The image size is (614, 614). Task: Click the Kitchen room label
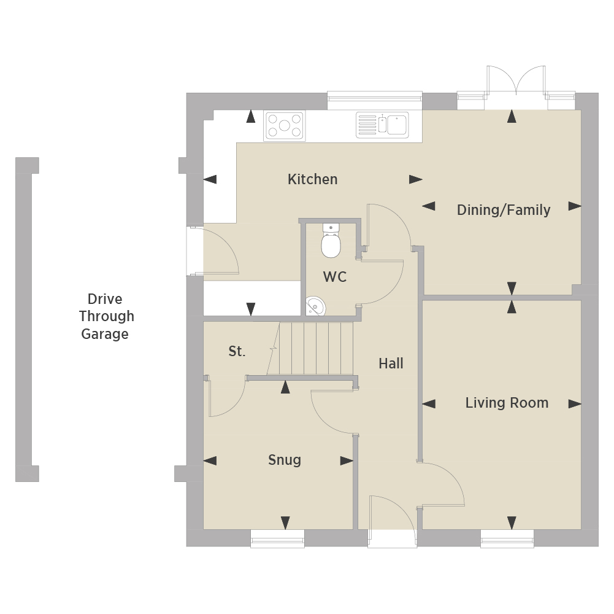point(312,179)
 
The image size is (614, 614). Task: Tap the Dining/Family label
point(504,210)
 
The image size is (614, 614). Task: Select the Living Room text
point(507,403)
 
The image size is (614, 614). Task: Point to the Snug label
point(285,460)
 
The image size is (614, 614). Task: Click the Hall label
point(391,363)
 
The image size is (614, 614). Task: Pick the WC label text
point(335,277)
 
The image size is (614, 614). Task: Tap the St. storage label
point(237,351)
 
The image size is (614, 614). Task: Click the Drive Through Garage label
point(106,316)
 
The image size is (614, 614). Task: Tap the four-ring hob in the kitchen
point(285,126)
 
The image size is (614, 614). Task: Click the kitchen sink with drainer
point(382,125)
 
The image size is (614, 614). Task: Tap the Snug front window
point(277,538)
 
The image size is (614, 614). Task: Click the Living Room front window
point(507,538)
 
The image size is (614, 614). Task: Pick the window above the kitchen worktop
point(375,100)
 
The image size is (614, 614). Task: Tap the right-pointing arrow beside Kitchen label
point(416,179)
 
